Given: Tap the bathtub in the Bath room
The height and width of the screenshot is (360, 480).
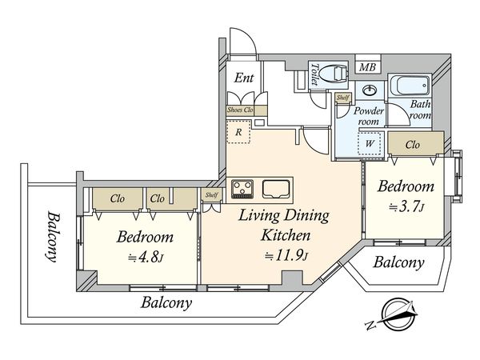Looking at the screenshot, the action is point(410,86).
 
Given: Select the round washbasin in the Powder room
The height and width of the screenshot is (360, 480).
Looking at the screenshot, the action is point(370,90).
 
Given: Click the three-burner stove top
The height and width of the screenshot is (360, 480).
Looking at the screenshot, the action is point(242,188).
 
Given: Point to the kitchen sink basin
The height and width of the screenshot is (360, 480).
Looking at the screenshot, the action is point(276,189).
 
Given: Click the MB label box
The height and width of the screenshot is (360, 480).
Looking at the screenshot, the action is point(368,66).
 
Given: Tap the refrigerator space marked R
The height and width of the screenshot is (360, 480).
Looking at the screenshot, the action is point(238,132).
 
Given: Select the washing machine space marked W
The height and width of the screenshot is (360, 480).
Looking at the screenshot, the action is point(370,144).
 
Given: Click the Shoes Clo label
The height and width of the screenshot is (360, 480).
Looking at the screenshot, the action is point(240,110).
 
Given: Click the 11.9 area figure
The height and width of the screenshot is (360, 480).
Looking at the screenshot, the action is point(286,256).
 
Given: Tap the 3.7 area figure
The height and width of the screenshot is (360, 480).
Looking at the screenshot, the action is point(406,207).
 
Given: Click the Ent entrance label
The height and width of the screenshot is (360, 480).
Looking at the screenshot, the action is point(244,78).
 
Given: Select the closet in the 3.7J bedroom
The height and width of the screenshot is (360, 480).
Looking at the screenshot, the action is point(416,143).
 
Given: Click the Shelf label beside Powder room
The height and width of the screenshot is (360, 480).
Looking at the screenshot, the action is point(342,98).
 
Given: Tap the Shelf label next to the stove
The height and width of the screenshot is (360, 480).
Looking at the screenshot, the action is point(211,194).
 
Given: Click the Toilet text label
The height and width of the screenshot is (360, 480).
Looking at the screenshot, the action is point(314,74).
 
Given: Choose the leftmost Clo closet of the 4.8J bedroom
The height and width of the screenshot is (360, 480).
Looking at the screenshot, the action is point(118,199).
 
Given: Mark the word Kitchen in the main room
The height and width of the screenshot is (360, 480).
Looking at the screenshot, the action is point(286,236).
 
